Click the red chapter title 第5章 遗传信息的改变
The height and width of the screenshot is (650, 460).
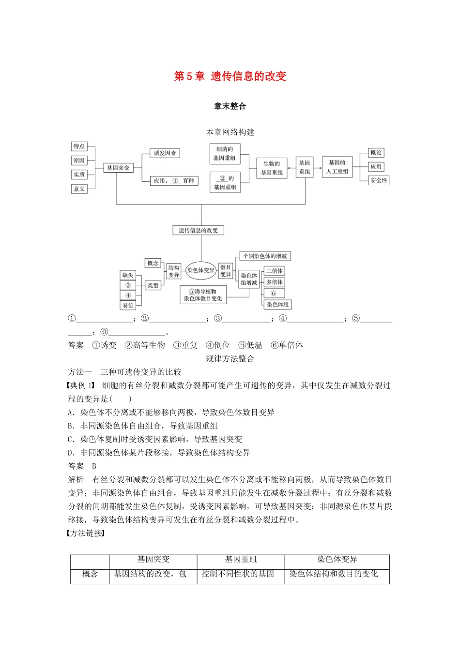[230, 76]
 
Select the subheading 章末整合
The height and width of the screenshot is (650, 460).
[230, 106]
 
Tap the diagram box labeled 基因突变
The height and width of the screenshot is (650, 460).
[118, 168]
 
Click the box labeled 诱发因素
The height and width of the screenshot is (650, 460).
[165, 153]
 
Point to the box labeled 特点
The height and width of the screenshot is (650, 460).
[79, 147]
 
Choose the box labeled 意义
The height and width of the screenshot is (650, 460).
[79, 189]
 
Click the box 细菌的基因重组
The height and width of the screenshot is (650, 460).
[225, 154]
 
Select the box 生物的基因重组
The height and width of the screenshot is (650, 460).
[272, 168]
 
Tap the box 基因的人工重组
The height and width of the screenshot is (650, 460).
[337, 167]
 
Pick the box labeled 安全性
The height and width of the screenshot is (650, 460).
[379, 180]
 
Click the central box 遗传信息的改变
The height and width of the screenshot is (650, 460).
[199, 231]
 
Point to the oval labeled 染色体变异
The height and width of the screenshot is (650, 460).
[201, 270]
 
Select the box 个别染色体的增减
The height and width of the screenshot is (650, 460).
[265, 256]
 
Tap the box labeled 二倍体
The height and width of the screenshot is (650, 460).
[274, 271]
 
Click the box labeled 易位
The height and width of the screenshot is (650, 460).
[128, 305]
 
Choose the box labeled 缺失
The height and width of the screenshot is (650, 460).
[128, 275]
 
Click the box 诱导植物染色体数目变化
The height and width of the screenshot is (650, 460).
[203, 295]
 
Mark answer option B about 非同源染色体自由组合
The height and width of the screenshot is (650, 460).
[143, 426]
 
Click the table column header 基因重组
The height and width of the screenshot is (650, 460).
[241, 560]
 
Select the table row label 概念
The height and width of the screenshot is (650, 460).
[90, 574]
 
